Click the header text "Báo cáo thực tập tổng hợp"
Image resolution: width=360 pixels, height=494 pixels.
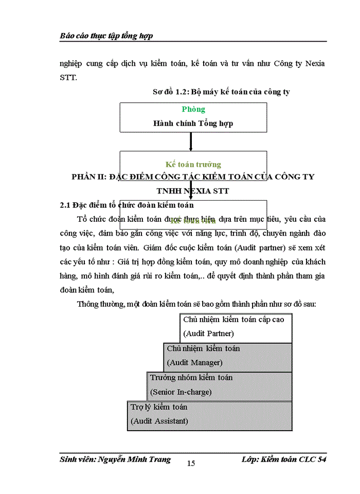tap(106, 36)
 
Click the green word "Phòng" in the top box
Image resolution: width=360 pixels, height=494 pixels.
tap(193, 109)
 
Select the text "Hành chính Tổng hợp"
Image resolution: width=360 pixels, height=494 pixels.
tap(193, 123)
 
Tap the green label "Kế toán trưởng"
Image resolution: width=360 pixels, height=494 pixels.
tap(193, 165)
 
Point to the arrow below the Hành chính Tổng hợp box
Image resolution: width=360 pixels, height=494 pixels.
tap(191, 142)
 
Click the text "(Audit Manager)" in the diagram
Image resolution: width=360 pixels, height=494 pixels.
tap(194, 363)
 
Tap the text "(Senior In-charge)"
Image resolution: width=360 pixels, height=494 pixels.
tap(181, 392)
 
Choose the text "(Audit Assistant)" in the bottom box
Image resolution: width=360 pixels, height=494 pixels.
tap(159, 421)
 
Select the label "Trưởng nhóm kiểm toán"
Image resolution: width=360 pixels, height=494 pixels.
tap(191, 378)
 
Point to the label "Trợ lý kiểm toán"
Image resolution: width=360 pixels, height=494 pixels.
tap(158, 407)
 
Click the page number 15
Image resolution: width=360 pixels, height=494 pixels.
tap(191, 463)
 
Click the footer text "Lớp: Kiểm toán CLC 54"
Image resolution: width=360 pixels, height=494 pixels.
tap(284, 460)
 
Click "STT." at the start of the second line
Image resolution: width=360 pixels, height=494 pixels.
tap(68, 79)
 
